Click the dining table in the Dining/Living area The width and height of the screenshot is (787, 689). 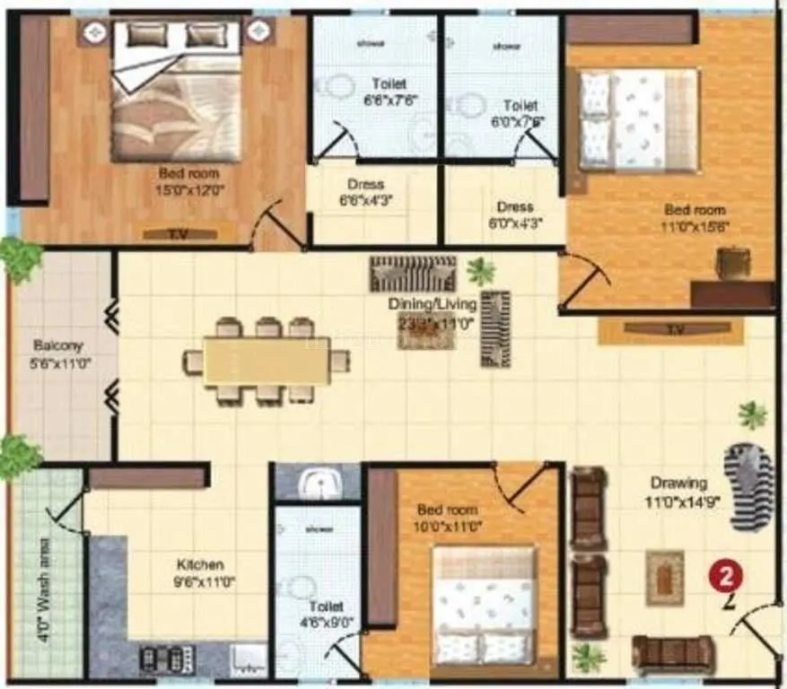click(x=267, y=362)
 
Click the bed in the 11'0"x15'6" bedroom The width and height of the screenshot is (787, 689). click(x=638, y=119)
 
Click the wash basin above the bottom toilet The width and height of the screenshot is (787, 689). click(x=317, y=484)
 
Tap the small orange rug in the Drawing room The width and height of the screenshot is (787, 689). click(x=664, y=578)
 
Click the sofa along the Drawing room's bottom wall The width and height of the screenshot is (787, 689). click(x=672, y=654)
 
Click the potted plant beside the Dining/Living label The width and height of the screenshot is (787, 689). click(x=480, y=270)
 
